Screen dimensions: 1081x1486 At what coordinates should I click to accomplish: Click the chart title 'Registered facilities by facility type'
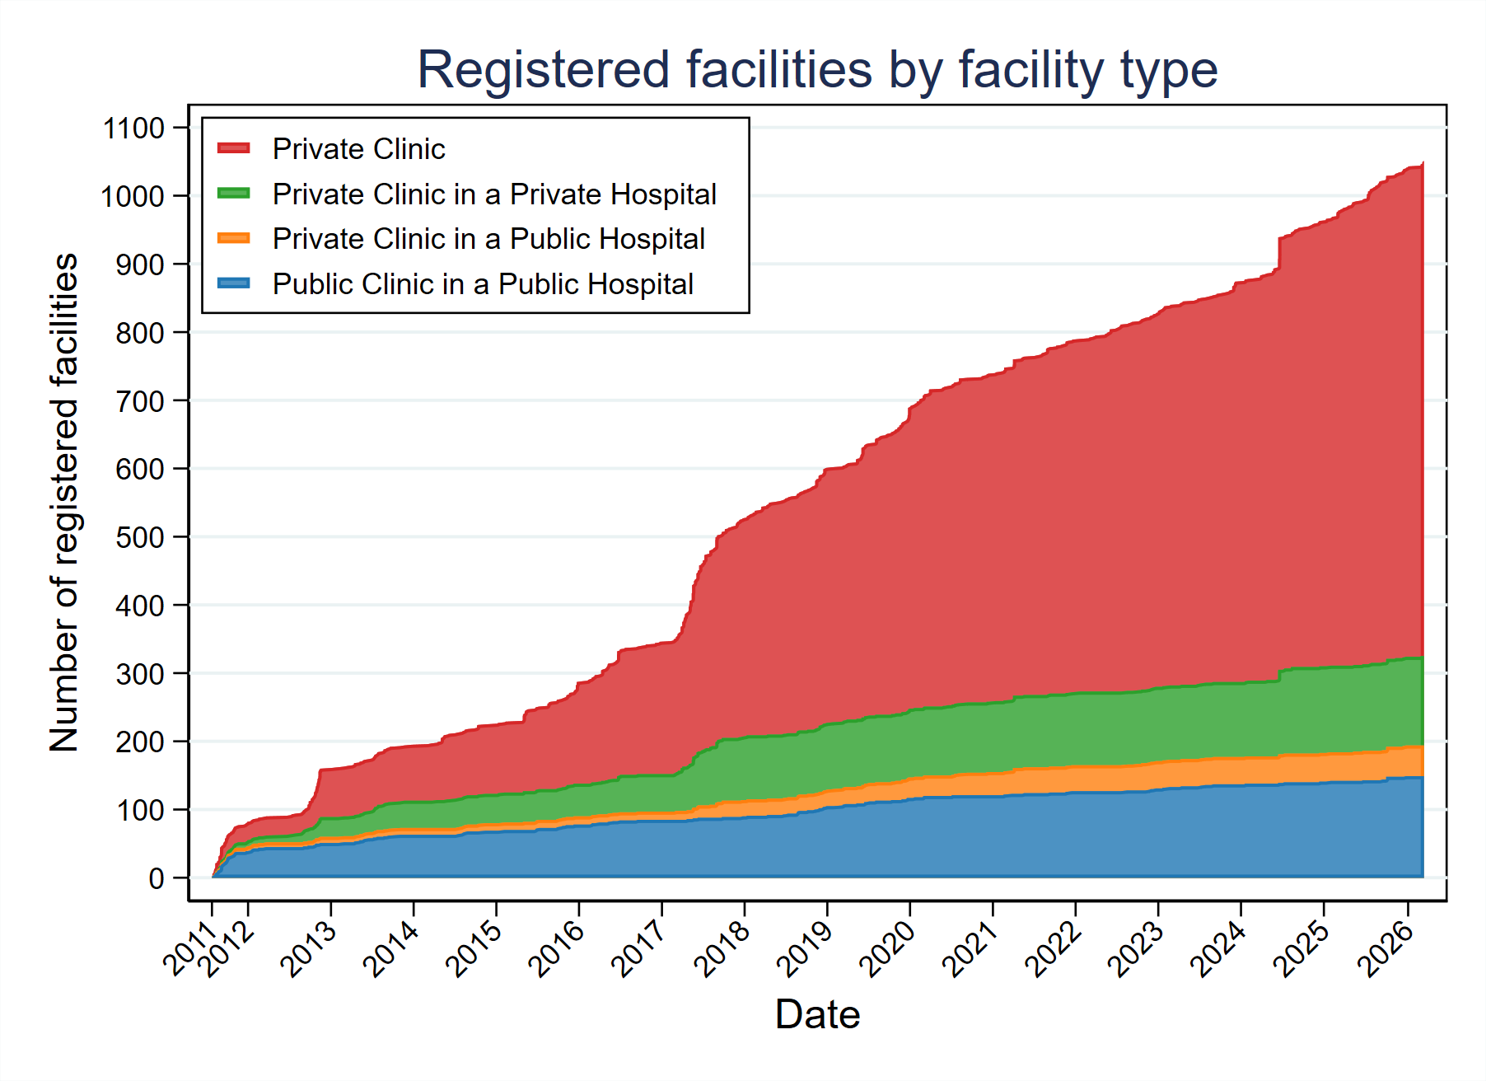[x=816, y=69]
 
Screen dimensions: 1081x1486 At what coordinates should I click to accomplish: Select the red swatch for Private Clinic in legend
[x=233, y=148]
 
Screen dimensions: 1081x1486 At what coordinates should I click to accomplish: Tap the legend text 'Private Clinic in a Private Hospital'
[x=494, y=194]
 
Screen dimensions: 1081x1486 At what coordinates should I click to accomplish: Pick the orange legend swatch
[x=233, y=238]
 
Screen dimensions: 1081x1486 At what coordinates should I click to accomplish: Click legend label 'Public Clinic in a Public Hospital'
[x=483, y=284]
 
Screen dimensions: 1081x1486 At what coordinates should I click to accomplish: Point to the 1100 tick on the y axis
[x=133, y=128]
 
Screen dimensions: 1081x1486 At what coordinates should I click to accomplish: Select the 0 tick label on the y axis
[x=156, y=878]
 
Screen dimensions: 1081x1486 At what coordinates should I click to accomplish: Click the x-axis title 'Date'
[x=817, y=1013]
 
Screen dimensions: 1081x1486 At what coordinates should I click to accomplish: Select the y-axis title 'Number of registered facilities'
[x=63, y=503]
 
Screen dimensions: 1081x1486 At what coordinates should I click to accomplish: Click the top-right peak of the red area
[x=1422, y=165]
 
